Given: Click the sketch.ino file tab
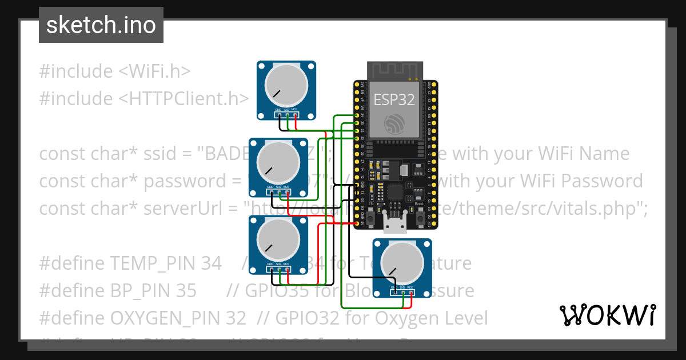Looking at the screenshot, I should (101, 25).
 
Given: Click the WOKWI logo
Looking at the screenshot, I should (607, 315).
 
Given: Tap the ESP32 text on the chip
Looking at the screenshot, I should (394, 99).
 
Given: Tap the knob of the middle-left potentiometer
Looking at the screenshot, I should (278, 161).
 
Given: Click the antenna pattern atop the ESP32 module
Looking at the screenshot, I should (394, 71).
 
